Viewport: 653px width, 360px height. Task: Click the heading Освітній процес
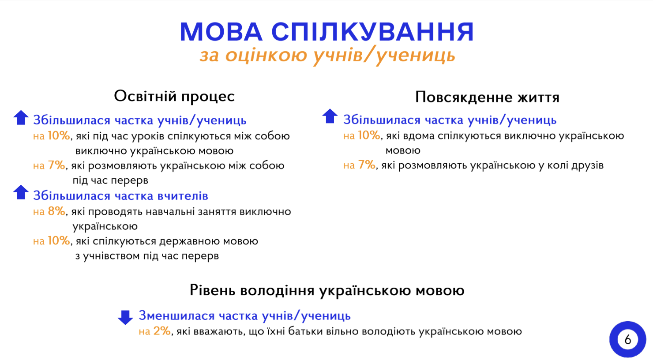pos(174,97)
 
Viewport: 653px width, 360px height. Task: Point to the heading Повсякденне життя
pos(487,97)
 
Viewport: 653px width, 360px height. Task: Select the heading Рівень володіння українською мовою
pos(327,290)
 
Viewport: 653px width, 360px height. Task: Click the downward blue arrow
pos(125,318)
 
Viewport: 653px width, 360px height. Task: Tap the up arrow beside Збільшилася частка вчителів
pos(21,192)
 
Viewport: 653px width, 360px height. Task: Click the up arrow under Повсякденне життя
pos(330,116)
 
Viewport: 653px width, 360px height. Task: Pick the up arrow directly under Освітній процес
pos(21,117)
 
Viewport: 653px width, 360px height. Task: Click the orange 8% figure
pos(56,211)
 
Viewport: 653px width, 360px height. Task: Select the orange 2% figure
pos(162,331)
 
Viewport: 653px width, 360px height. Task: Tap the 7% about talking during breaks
pos(56,165)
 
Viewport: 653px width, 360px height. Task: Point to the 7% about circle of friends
pos(367,165)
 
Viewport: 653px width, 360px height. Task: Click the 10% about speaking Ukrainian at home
pos(369,135)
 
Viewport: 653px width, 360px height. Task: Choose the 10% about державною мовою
pos(59,240)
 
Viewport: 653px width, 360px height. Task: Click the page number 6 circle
pos(628,339)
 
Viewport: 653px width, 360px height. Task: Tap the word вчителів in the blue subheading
pos(183,196)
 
